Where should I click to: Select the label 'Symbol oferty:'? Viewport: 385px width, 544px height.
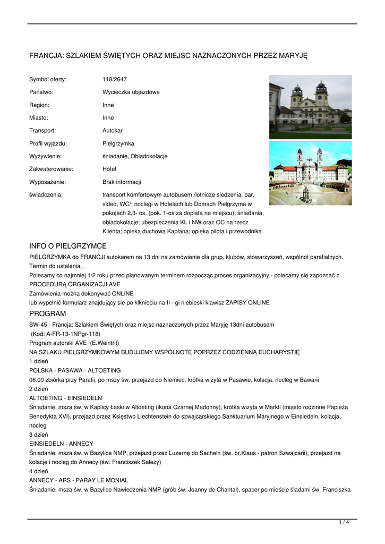click(x=48, y=80)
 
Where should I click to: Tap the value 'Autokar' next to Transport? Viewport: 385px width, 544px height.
click(x=113, y=131)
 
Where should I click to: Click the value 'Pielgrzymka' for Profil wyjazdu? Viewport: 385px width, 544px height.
click(x=118, y=143)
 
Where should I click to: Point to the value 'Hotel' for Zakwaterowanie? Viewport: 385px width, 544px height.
click(x=109, y=169)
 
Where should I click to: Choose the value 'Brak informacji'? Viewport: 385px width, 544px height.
click(x=122, y=182)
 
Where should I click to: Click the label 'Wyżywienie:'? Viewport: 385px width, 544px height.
click(x=46, y=156)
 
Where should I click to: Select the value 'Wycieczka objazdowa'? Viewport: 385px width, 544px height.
click(x=131, y=92)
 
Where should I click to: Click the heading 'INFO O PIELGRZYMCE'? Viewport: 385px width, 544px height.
click(x=68, y=246)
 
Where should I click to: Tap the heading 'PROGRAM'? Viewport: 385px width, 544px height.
click(x=48, y=314)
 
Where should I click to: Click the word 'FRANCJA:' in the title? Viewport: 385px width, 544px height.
click(x=46, y=55)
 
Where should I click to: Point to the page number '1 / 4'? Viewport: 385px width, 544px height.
click(x=344, y=523)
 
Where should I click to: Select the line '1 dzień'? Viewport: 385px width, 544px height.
click(x=39, y=361)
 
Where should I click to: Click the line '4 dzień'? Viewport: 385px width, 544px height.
click(x=39, y=471)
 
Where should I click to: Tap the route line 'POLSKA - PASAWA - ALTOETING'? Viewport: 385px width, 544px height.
click(x=75, y=370)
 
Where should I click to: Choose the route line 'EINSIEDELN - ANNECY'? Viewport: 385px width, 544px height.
click(x=61, y=444)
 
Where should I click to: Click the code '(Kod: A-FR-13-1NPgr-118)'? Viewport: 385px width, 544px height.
click(x=65, y=334)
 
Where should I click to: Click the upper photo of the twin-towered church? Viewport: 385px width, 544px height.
click(x=310, y=107)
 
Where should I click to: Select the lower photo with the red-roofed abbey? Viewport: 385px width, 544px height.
click(x=310, y=173)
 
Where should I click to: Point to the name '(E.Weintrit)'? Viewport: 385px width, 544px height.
click(x=105, y=343)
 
